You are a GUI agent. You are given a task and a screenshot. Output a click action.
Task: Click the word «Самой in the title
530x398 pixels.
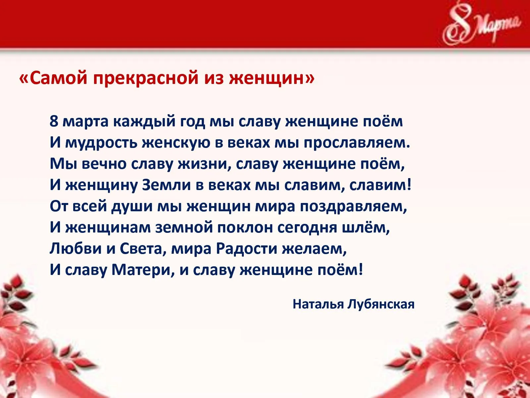(x=53, y=78)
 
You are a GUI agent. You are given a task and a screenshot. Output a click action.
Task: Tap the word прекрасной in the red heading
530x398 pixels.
(x=146, y=79)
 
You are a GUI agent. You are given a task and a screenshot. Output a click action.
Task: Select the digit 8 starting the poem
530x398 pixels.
(x=54, y=121)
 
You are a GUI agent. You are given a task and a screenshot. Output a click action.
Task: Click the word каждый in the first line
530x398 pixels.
(x=144, y=121)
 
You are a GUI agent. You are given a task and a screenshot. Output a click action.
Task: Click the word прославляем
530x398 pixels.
(x=357, y=143)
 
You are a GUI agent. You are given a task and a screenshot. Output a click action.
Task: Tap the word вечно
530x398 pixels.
(x=104, y=164)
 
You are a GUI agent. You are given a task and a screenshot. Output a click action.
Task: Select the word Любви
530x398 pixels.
(x=76, y=249)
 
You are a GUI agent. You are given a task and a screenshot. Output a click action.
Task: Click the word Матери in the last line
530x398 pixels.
(x=143, y=270)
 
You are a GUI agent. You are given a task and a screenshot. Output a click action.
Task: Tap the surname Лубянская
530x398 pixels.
(x=381, y=304)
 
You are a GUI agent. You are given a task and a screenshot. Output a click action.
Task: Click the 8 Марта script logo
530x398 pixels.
(x=481, y=26)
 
